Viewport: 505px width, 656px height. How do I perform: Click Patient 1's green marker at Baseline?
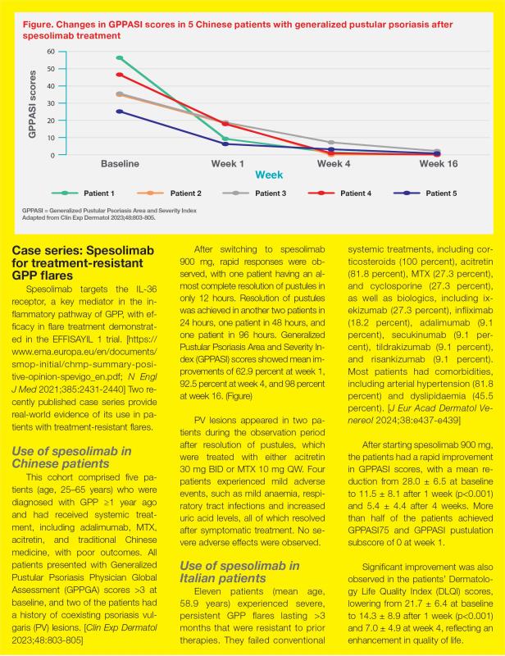click(x=120, y=58)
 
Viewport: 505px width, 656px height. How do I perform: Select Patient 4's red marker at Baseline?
click(x=120, y=75)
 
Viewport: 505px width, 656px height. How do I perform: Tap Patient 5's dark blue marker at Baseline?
click(x=120, y=112)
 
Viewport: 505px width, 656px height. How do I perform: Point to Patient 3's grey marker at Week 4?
click(x=330, y=143)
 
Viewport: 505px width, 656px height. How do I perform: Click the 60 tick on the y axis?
click(x=51, y=51)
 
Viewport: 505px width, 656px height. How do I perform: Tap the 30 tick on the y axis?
click(x=51, y=102)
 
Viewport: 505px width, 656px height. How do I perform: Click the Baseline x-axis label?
click(x=120, y=163)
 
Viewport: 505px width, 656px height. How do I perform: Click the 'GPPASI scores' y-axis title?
click(x=32, y=102)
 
